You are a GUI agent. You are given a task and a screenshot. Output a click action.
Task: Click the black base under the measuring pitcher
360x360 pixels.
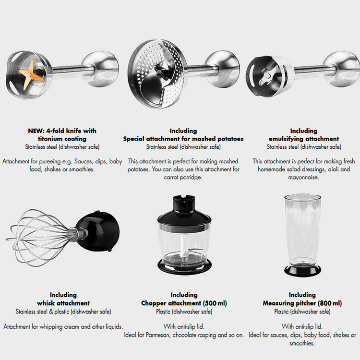click(302, 270)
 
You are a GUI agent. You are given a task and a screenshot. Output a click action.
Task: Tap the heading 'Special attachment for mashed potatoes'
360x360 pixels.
click(183, 139)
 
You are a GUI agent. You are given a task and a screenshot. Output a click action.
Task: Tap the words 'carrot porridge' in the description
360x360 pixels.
click(183, 178)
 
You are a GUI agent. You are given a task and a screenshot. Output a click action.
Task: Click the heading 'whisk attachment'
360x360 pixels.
click(63, 303)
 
